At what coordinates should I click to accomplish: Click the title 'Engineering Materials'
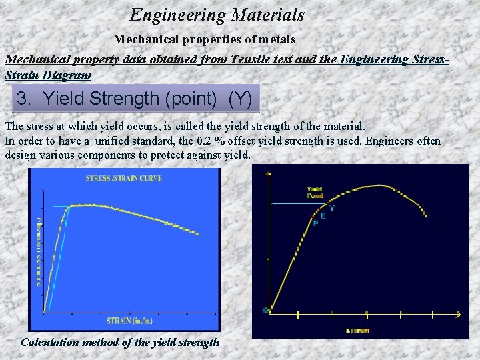[x=217, y=15]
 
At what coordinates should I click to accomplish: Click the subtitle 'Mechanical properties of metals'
[x=204, y=40]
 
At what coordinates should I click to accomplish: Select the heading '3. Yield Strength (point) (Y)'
[x=135, y=99]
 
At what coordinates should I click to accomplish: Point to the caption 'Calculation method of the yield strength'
[x=120, y=342]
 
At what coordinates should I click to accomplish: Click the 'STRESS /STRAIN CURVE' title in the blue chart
[x=124, y=178]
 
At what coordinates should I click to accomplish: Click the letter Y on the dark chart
[x=332, y=209]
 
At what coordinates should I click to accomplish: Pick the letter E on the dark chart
[x=323, y=215]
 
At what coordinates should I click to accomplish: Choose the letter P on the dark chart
[x=315, y=223]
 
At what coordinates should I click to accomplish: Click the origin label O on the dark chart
[x=265, y=310]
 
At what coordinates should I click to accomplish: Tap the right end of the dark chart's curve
[x=427, y=216]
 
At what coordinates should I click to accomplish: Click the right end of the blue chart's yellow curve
[x=199, y=234]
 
